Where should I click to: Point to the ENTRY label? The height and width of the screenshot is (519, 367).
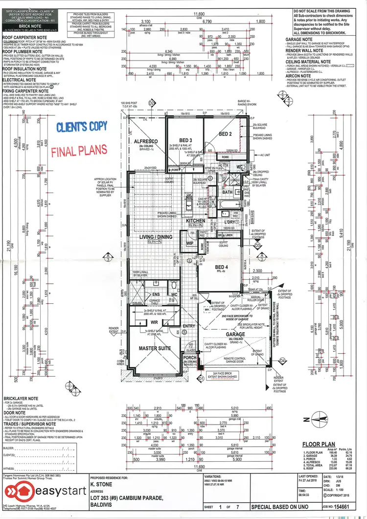(189, 326)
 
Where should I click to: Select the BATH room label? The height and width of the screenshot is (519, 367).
(227, 192)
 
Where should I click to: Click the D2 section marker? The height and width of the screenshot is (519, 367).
(152, 103)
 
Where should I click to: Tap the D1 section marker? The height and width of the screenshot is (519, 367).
(201, 378)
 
